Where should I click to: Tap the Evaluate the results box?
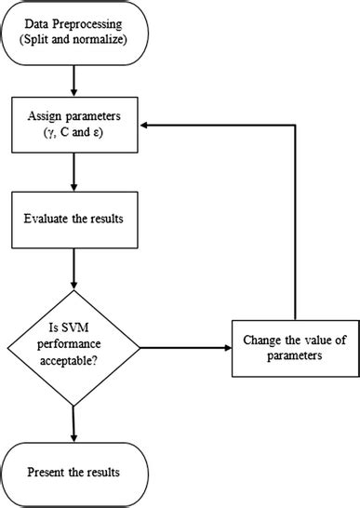coord(73,221)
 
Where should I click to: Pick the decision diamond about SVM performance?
coord(73,349)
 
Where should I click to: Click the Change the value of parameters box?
coord(294,349)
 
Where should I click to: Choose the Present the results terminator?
coord(73,472)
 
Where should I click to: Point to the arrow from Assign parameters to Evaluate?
coord(73,175)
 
